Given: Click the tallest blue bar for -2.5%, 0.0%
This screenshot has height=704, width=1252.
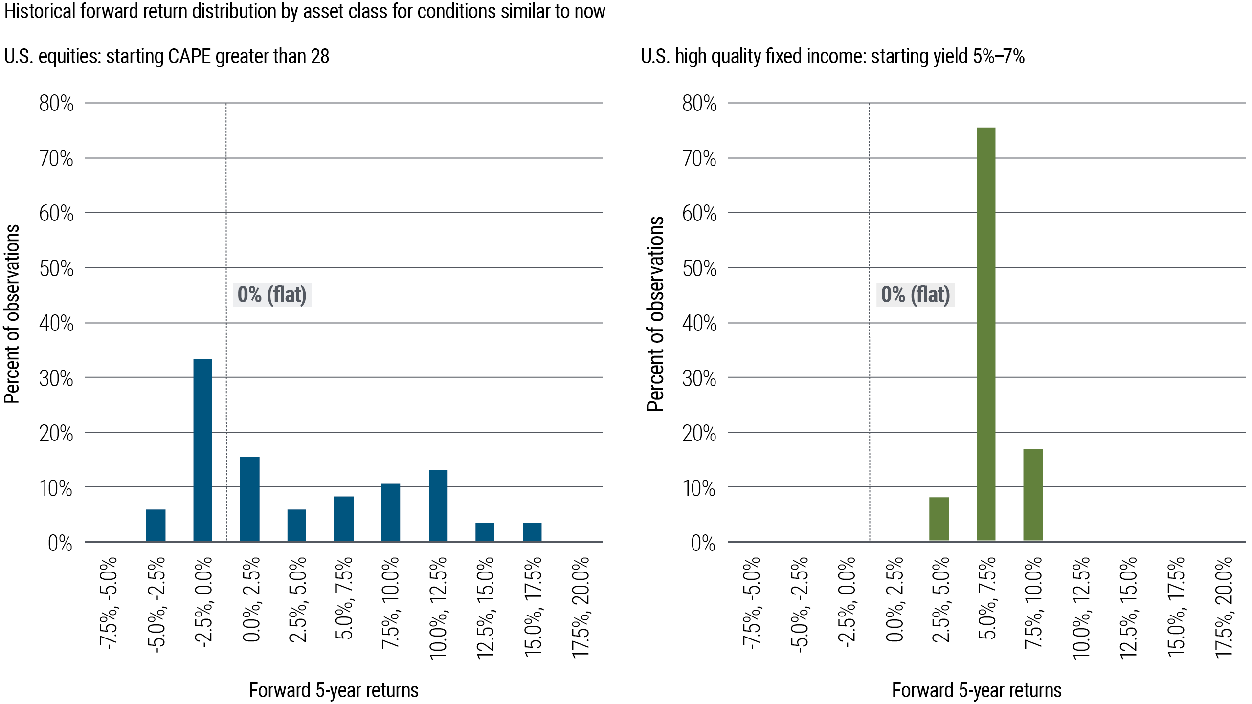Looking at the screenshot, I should tap(202, 450).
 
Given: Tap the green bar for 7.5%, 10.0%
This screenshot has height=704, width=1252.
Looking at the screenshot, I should tap(1033, 495).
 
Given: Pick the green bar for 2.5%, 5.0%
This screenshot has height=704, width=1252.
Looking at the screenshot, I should tap(939, 519).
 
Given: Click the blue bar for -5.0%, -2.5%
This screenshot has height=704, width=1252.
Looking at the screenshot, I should tap(156, 525).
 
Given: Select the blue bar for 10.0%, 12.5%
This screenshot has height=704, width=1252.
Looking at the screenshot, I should tap(438, 506).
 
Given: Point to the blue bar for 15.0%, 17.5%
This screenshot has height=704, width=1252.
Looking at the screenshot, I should tap(532, 532).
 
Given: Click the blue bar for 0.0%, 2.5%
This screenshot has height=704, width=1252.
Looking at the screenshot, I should tap(249, 499).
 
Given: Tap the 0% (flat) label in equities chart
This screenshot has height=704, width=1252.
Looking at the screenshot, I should tap(272, 295).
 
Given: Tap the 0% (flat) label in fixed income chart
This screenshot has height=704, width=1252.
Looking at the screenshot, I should tap(916, 295).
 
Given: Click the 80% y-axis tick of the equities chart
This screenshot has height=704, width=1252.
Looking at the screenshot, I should tap(56, 104).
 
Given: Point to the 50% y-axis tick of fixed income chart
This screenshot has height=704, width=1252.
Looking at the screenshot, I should tap(699, 268).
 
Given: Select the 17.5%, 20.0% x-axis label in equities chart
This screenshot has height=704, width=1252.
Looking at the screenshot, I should tap(580, 607).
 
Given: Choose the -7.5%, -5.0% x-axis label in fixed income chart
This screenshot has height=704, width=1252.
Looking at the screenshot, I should tap(751, 602).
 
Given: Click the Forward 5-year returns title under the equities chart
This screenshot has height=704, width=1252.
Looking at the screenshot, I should tap(334, 690).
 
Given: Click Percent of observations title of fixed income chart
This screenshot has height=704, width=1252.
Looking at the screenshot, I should tap(655, 314).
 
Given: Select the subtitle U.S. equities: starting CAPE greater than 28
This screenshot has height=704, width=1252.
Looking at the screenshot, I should tap(166, 57).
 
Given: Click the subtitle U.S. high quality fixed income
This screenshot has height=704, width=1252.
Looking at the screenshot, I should tap(832, 57).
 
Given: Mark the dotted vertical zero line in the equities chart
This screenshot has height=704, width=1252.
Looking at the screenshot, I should tap(226, 196).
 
